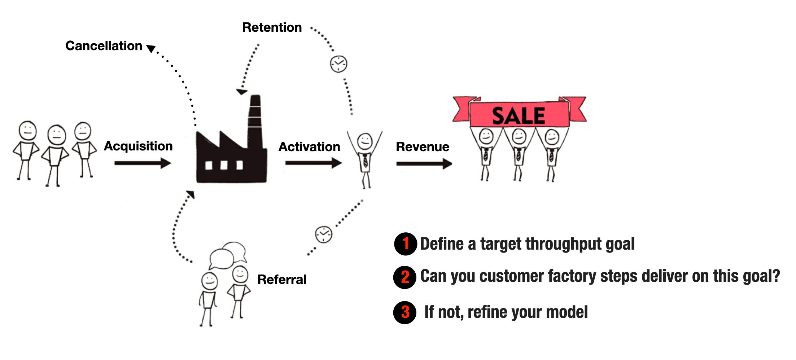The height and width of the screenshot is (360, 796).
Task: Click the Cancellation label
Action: [104, 46]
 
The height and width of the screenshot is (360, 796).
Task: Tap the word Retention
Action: [272, 27]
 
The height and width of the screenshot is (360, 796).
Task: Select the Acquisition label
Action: [138, 146]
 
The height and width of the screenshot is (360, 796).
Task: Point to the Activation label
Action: [309, 147]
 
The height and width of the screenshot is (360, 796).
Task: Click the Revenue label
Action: [423, 147]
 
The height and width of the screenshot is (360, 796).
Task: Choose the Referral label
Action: [282, 280]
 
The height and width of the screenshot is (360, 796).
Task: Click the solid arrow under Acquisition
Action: [143, 163]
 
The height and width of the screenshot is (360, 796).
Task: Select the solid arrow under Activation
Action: [313, 163]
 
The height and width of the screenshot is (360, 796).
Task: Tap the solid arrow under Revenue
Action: [424, 164]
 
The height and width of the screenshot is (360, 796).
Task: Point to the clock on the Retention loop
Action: [338, 64]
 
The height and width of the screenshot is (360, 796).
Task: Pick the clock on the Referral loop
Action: [324, 234]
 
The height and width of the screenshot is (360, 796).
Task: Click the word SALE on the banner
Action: [519, 116]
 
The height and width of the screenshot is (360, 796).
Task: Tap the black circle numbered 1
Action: [406, 244]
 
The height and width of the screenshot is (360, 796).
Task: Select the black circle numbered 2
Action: [405, 277]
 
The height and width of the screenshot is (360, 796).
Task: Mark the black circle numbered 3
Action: [405, 312]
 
